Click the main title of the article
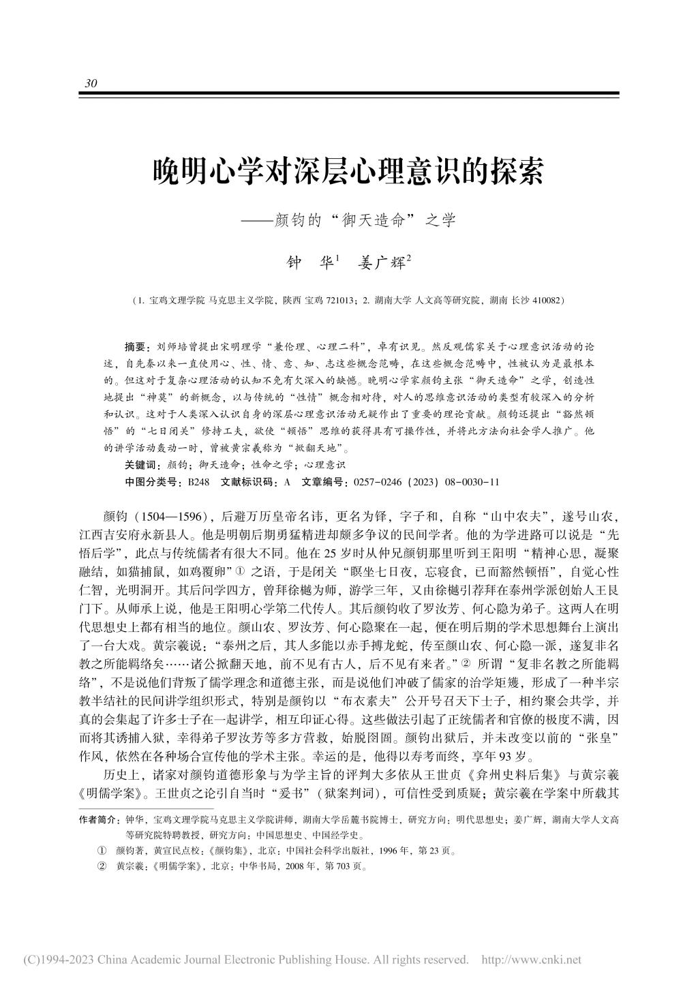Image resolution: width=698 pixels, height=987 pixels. (x=348, y=172)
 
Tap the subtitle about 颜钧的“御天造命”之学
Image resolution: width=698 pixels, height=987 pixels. (x=348, y=220)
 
